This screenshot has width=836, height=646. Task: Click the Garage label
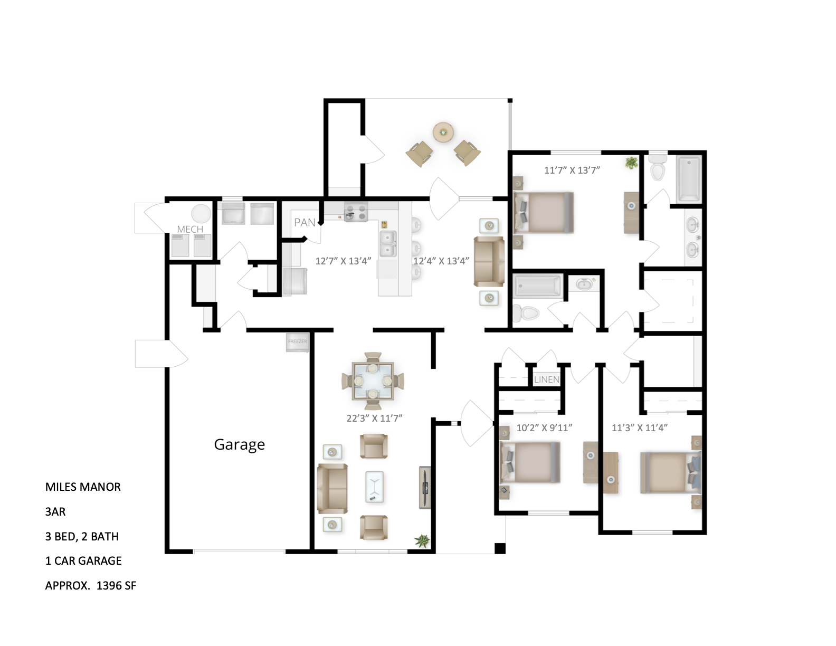239,444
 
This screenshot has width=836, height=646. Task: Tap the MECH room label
190,229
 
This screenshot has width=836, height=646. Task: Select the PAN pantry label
305,223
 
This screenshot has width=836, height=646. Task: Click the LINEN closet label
546,379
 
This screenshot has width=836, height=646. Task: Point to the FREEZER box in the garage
297,342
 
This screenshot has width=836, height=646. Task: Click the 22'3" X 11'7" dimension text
374,418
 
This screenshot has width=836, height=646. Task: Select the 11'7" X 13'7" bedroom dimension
572,170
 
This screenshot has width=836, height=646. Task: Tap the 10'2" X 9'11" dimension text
544,427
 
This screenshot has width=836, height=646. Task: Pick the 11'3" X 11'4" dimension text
640,427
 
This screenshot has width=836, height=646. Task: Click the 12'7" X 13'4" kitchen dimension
343,261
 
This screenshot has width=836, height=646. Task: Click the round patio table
443,132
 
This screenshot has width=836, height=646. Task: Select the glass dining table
373,380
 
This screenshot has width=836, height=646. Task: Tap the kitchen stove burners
356,212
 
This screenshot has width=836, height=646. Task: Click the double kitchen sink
388,243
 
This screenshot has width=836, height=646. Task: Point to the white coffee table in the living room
374,487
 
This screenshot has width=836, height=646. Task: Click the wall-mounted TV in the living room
425,487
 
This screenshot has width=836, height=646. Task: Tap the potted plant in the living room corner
422,540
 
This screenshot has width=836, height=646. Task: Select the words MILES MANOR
83,487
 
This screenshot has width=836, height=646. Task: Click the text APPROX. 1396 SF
91,585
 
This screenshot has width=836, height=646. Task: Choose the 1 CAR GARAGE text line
83,560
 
